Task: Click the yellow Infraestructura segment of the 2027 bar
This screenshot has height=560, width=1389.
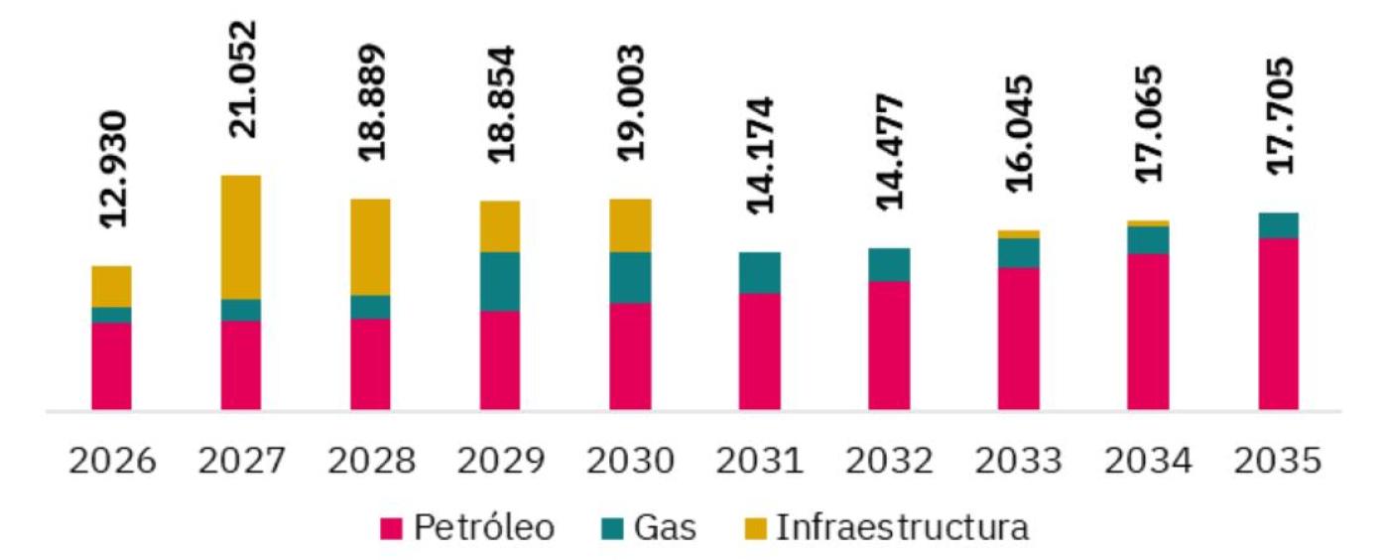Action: [241, 236]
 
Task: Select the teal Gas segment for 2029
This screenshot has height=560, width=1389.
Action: [500, 281]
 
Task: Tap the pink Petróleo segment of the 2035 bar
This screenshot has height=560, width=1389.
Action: [1278, 323]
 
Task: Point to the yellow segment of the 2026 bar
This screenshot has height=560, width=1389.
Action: [111, 286]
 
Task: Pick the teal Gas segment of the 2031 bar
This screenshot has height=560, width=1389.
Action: [759, 272]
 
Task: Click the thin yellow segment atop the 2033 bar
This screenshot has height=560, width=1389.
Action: [1019, 234]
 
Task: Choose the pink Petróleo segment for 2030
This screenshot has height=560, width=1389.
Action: [630, 355]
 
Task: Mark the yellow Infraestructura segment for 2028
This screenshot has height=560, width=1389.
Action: [370, 246]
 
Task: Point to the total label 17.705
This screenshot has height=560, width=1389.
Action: [1278, 115]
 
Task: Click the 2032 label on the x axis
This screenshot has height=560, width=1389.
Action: [889, 462]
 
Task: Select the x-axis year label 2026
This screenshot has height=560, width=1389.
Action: [112, 462]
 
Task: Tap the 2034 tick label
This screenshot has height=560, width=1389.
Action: [1148, 462]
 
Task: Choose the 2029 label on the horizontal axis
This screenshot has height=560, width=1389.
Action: [500, 462]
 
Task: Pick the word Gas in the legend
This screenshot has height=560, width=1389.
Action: [668, 528]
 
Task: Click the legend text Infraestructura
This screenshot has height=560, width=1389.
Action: [901, 528]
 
